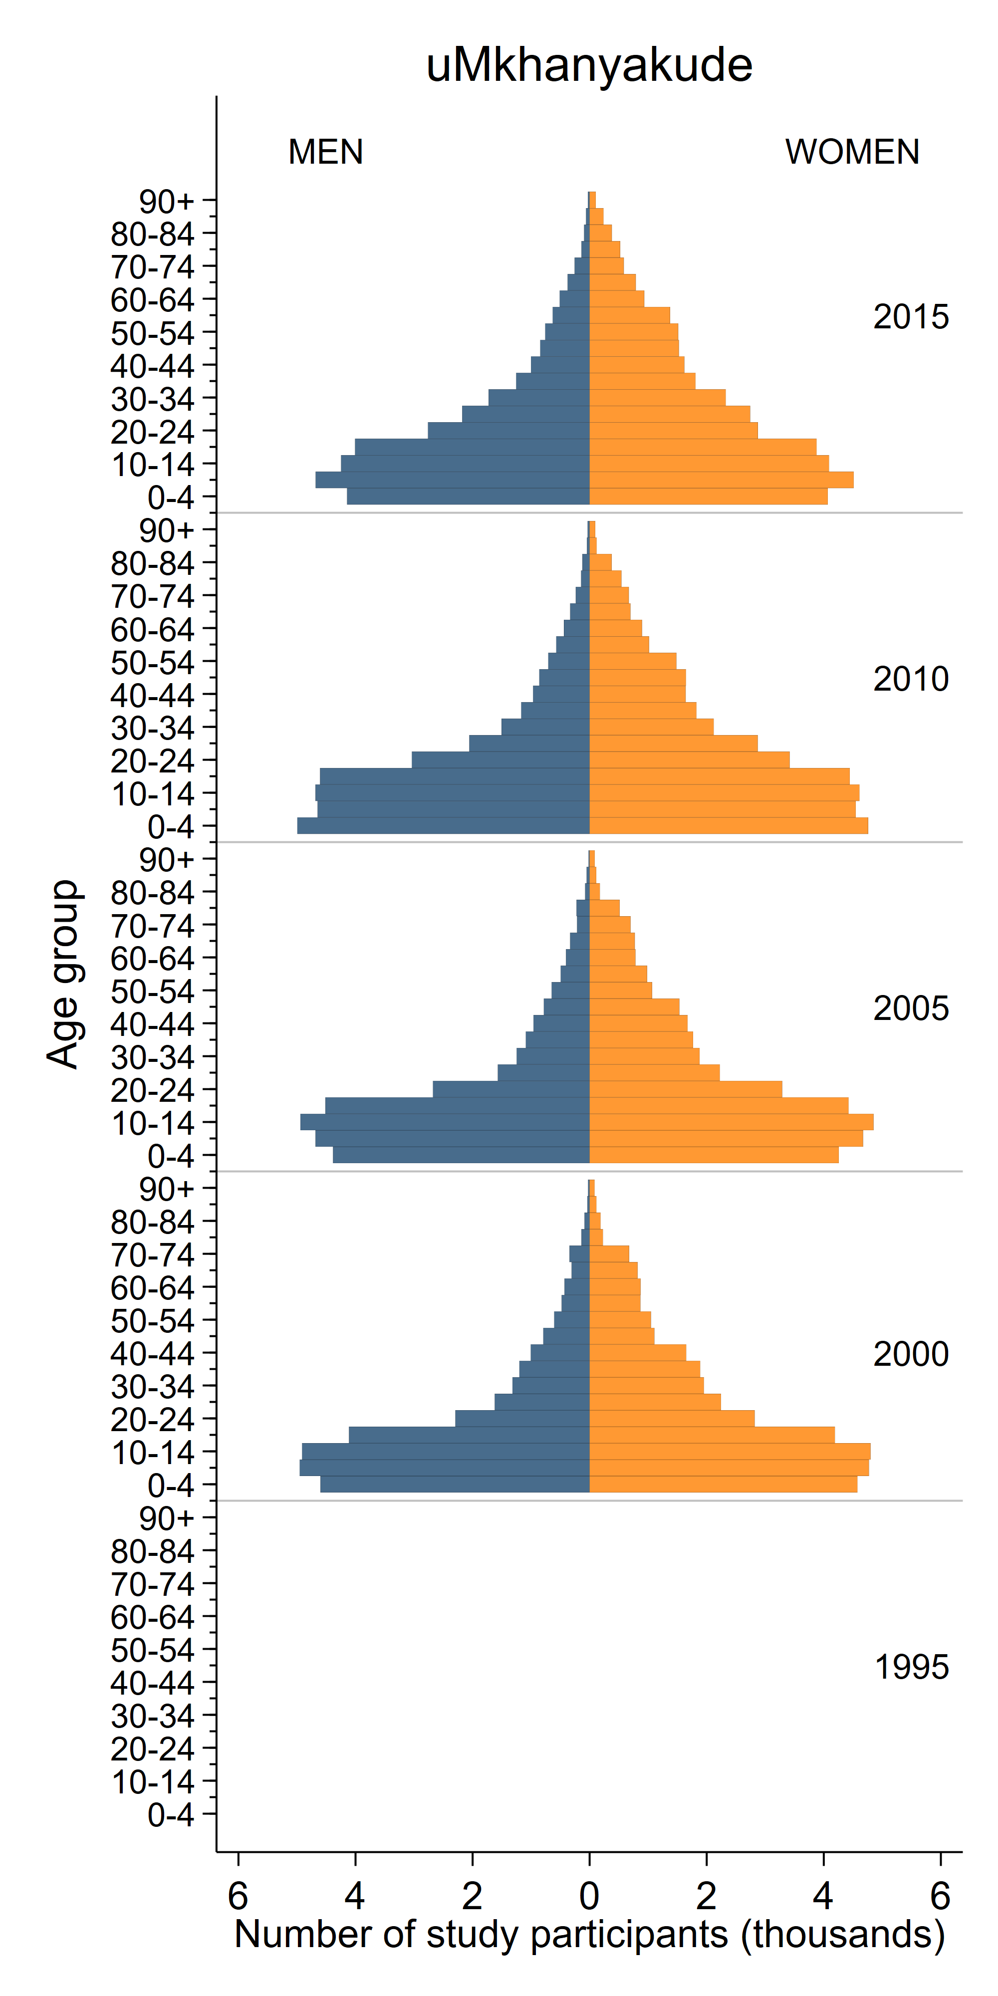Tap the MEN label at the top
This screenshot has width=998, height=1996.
click(325, 152)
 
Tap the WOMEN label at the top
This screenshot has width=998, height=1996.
click(852, 152)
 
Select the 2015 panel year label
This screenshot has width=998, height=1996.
click(911, 317)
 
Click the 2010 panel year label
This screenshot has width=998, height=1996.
click(911, 679)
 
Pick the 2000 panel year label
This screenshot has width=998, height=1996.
click(911, 1354)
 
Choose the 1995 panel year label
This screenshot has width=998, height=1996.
click(911, 1668)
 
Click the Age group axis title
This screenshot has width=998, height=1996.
click(63, 974)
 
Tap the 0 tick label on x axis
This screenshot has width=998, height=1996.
click(589, 1896)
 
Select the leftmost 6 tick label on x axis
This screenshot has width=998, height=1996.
click(238, 1896)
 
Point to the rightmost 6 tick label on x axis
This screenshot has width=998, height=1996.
click(940, 1896)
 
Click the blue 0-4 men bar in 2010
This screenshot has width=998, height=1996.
click(442, 826)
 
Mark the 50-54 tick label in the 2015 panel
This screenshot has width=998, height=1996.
click(153, 334)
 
